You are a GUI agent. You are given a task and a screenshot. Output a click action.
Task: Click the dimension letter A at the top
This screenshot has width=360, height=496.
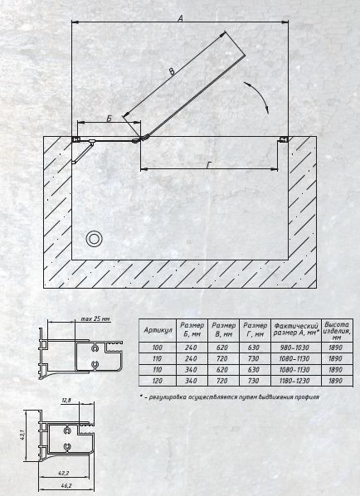tap(180, 18)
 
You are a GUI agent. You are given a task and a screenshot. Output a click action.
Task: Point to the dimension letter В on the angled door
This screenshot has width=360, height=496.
tap(172, 71)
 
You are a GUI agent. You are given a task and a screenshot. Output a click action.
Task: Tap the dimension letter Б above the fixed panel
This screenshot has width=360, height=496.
tap(109, 119)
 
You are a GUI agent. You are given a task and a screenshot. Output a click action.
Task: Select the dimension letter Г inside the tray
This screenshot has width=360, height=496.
tap(209, 165)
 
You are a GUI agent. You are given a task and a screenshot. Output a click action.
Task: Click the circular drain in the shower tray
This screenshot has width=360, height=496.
tap(94, 239)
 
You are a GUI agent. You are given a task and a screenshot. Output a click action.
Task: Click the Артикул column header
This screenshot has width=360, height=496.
tap(158, 330)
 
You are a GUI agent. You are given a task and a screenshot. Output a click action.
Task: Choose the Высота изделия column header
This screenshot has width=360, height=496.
tap(337, 331)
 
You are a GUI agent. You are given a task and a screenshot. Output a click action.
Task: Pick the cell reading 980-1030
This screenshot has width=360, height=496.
tap(294, 348)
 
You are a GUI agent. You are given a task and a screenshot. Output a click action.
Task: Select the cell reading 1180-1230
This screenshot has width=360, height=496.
tap(294, 381)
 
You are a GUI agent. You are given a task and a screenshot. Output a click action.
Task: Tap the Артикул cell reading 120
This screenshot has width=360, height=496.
tap(158, 381)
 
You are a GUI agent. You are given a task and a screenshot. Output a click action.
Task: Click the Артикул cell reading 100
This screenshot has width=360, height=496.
tap(158, 348)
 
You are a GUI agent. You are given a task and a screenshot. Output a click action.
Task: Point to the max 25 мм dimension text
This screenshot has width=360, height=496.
tap(95, 319)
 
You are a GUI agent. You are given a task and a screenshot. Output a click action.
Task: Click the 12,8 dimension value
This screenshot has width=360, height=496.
tap(66, 400)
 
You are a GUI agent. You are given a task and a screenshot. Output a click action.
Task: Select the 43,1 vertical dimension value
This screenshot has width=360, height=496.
tap(23, 435)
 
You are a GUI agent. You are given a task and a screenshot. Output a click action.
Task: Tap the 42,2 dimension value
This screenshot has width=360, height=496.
tap(64, 474)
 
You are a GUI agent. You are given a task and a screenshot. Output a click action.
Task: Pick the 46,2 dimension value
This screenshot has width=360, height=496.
tap(66, 485)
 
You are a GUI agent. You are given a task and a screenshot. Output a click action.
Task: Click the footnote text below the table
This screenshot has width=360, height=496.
tap(230, 397)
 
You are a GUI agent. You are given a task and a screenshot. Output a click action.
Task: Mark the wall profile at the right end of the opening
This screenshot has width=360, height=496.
tap(284, 139)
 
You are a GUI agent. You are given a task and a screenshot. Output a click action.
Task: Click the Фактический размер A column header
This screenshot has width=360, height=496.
tap(296, 329)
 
